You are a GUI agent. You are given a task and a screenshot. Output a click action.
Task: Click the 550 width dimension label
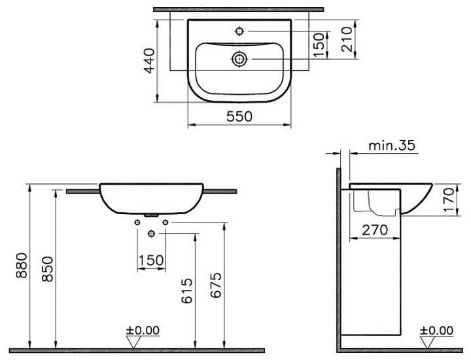tap(239, 116)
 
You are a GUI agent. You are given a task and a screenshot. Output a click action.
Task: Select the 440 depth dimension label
tap(149, 60)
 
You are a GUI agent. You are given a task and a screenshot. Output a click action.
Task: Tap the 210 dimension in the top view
tap(347, 39)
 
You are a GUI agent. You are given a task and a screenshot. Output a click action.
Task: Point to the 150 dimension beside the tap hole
tap(319, 45)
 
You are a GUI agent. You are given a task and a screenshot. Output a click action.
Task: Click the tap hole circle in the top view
tap(239, 31)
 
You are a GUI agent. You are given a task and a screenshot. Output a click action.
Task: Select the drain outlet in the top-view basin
tap(239, 59)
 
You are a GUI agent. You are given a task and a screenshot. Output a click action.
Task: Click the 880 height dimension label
tap(22, 265)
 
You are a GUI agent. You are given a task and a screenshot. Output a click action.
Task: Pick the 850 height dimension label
tap(47, 269)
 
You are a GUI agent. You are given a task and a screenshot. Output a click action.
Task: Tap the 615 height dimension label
tap(187, 291)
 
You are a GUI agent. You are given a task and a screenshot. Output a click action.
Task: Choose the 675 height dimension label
tap(216, 285)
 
